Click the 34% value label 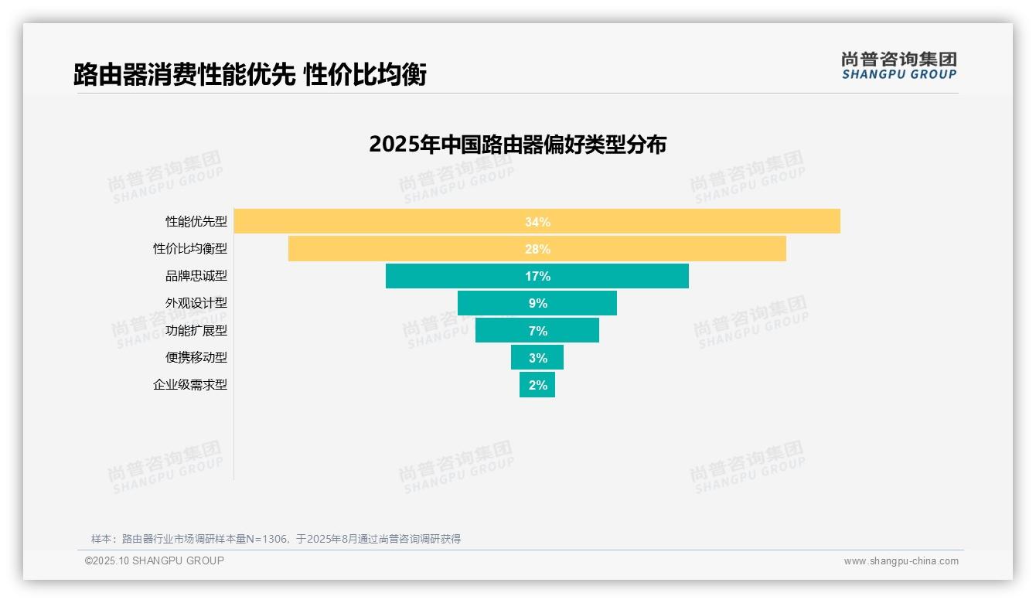(537, 222)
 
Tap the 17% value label (537, 276)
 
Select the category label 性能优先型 (196, 222)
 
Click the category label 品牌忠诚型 (196, 276)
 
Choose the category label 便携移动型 (196, 358)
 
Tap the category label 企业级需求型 (190, 385)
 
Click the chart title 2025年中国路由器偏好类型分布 (517, 145)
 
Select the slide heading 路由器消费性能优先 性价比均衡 (250, 75)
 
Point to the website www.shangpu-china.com (901, 561)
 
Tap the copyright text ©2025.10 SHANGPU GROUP (155, 560)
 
